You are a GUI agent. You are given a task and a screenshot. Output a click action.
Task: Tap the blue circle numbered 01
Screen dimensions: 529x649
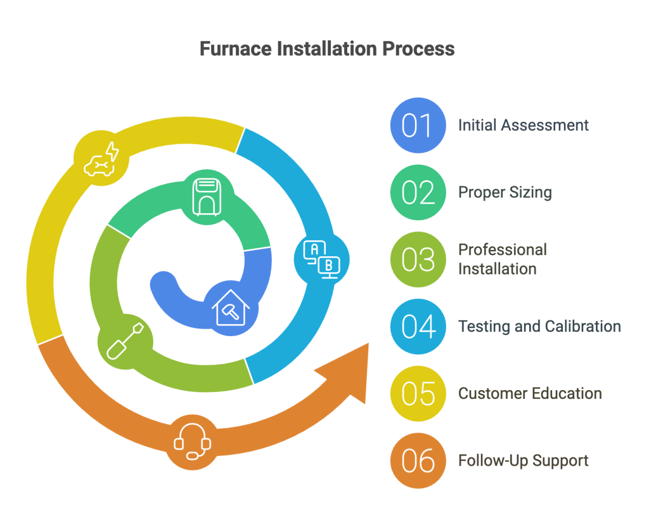point(418,125)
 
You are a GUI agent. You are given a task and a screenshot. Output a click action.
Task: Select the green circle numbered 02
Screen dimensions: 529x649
point(418,192)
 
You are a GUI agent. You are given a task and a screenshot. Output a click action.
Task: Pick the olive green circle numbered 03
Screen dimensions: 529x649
point(418,259)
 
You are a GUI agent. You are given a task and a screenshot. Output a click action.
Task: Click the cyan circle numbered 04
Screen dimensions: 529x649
point(418,326)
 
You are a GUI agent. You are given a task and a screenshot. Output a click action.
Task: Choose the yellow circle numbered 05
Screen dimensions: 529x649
point(418,393)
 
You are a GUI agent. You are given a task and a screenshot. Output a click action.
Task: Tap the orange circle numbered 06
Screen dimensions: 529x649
point(418,460)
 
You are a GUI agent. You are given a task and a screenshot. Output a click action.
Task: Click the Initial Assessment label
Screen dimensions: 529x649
point(524,125)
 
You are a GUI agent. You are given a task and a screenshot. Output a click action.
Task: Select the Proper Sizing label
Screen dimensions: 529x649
point(504,192)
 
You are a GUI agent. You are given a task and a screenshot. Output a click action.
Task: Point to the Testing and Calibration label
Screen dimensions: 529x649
point(539,326)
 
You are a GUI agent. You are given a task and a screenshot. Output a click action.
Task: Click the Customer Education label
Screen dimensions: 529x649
point(530,393)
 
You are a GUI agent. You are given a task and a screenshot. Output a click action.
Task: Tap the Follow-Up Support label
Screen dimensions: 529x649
point(524,460)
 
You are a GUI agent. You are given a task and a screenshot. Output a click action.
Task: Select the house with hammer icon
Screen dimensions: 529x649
point(231,308)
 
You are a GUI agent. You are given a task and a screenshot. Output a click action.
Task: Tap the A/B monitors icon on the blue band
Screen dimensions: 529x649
point(322,259)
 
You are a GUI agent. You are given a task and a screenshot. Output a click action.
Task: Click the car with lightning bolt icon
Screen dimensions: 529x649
point(102,159)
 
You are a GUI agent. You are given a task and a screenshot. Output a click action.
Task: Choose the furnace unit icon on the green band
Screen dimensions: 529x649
point(207,197)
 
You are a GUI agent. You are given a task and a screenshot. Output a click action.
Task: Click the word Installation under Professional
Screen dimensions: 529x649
point(497,269)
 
